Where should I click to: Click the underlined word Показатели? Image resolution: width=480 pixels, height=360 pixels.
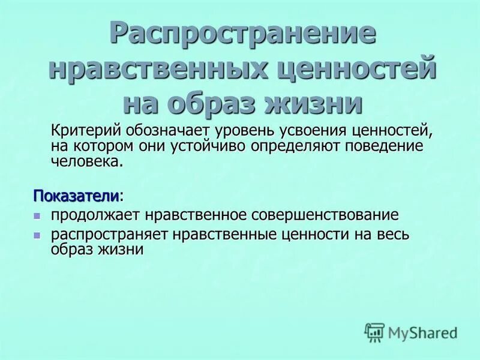tap(76, 196)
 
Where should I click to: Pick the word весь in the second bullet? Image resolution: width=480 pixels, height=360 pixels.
tap(394, 234)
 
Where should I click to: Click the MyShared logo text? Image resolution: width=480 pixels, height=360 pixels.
tap(422, 332)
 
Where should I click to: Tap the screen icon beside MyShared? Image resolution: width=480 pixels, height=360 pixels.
tap(374, 331)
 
